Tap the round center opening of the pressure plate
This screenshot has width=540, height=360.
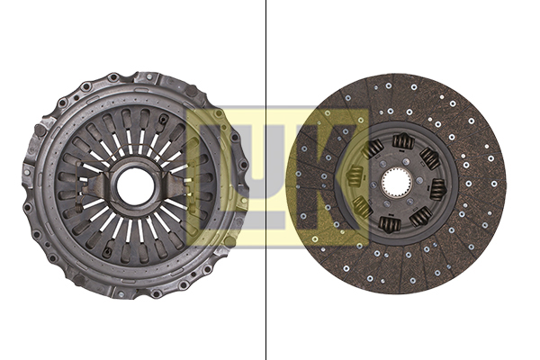[x=135, y=186]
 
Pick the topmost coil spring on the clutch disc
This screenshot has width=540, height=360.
[x=403, y=141]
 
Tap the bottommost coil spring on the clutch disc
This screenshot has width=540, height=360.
[x=390, y=224]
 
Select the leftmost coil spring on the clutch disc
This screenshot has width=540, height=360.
[x=355, y=175]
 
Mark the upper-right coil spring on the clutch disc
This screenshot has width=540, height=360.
[x=429, y=158]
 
